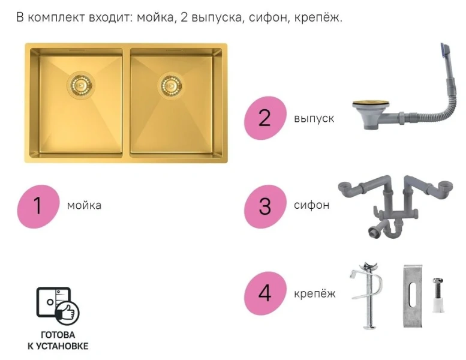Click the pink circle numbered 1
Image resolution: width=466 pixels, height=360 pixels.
[38, 206]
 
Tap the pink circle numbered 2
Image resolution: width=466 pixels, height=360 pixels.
[264, 118]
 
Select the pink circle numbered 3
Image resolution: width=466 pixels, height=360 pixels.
[264, 206]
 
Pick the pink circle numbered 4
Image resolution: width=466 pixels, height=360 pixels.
[264, 294]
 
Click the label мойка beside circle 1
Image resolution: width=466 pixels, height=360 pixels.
[84, 206]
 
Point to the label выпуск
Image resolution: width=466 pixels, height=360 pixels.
[314, 118]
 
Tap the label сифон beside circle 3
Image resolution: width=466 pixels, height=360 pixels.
[311, 205]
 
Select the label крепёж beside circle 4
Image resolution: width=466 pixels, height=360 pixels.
[314, 294]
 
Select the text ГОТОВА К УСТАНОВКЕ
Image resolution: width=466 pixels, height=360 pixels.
[58, 341]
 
